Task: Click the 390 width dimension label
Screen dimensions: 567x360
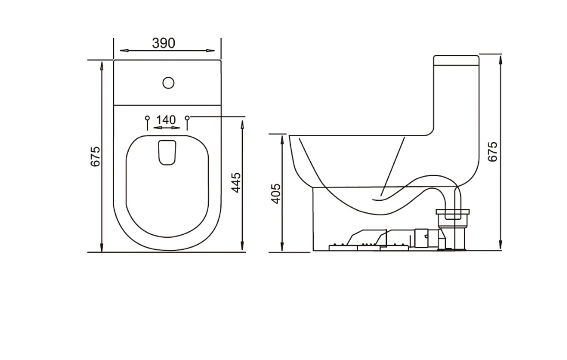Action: point(163,43)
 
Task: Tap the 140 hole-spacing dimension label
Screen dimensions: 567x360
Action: point(166,120)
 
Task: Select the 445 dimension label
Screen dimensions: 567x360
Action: point(236,182)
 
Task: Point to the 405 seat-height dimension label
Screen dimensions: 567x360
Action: point(276,194)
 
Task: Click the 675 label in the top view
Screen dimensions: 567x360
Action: point(95,156)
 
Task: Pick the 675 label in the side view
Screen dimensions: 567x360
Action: point(493,152)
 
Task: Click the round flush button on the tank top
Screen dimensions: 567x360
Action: point(168,83)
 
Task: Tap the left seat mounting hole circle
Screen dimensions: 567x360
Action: point(147,118)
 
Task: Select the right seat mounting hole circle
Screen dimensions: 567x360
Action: point(187,118)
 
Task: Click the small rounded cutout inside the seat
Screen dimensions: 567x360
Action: point(167,153)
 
